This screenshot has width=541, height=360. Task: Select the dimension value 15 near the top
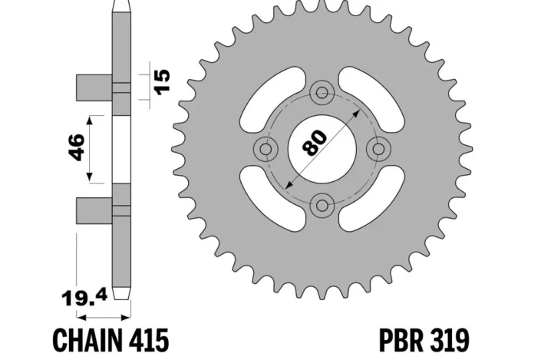point(161,80)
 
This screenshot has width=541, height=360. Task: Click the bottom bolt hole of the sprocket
point(322,204)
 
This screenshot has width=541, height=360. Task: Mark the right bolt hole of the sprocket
point(378,148)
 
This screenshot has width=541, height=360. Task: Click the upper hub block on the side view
point(94,87)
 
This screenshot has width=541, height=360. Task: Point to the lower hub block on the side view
point(94,210)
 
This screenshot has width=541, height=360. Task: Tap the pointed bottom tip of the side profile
point(120,295)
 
